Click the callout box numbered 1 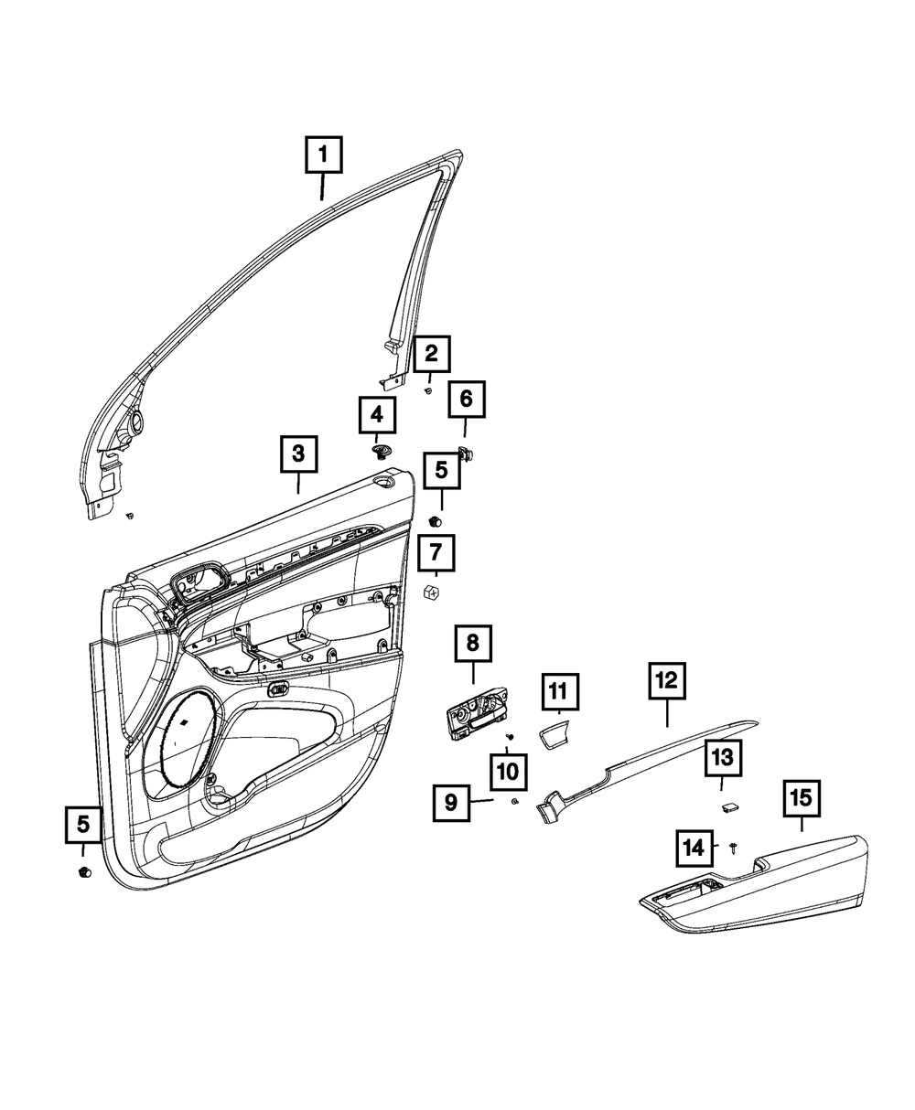tap(323, 155)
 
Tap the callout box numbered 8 tap(473, 643)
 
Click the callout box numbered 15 tap(801, 798)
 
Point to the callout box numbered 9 tap(451, 803)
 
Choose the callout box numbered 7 tap(436, 554)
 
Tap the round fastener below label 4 tap(382, 451)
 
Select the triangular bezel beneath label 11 tap(554, 733)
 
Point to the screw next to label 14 tap(734, 849)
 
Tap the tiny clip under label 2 tap(427, 391)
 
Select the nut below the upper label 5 tap(436, 521)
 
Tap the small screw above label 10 tap(511, 737)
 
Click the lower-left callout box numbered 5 tap(83, 825)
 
